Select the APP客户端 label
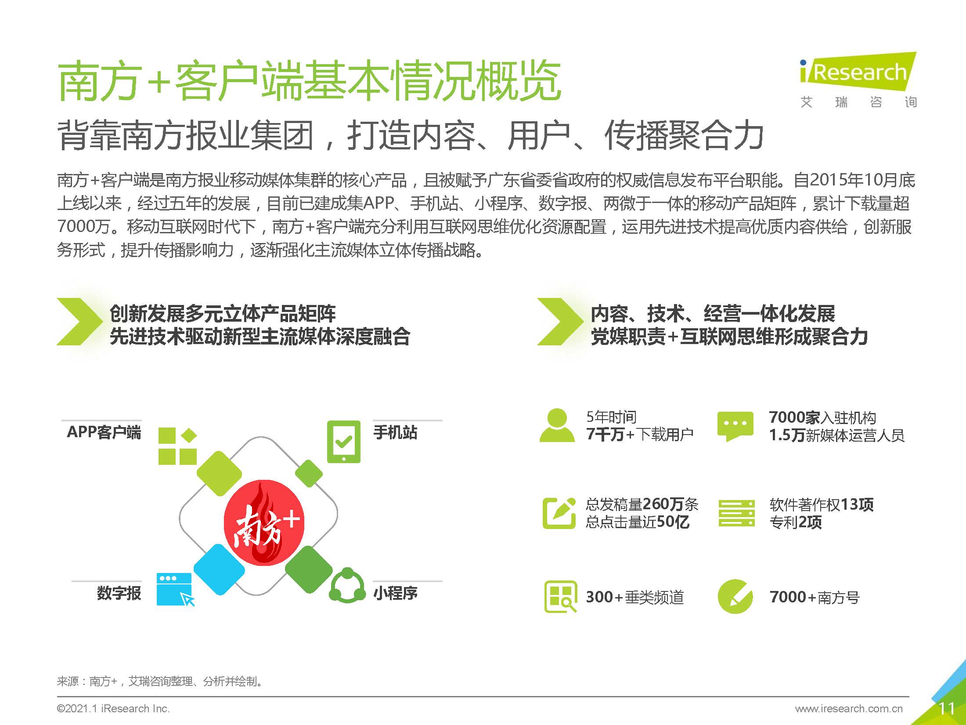coord(104,432)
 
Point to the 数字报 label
coord(119,593)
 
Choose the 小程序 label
coord(395,593)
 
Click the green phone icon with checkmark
coord(343,442)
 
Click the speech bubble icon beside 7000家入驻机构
coord(735,425)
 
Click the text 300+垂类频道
coord(634,597)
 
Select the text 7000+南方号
coord(814,597)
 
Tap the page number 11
coord(946,708)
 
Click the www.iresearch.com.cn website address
coord(848,708)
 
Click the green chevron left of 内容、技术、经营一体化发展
coord(559,321)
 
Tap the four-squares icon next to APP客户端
coord(177,446)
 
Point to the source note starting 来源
coord(160,681)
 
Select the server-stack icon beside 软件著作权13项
coord(736,513)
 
